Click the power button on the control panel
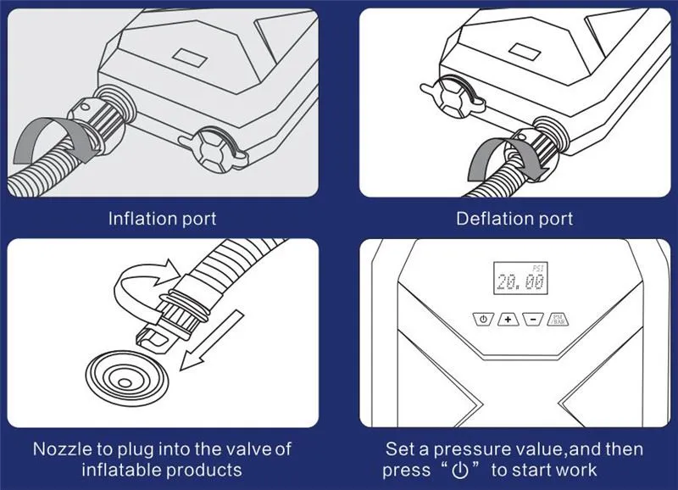coord(483,319)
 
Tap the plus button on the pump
coord(508,319)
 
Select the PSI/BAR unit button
coord(558,319)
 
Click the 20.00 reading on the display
coord(520,282)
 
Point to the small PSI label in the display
coord(538,268)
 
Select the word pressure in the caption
coord(477,450)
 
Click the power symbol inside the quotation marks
coord(459,471)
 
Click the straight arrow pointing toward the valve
coord(212,340)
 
